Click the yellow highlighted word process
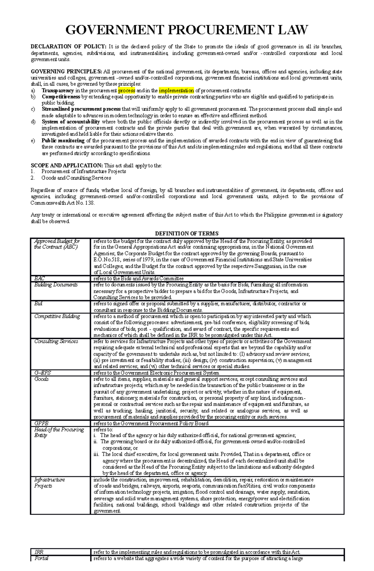point(127,91)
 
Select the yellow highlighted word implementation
point(176,91)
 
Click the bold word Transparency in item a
point(58,91)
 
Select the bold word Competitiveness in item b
point(61,97)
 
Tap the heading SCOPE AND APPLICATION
point(67,166)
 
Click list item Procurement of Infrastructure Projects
point(84,171)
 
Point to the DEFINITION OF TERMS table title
point(187,233)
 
